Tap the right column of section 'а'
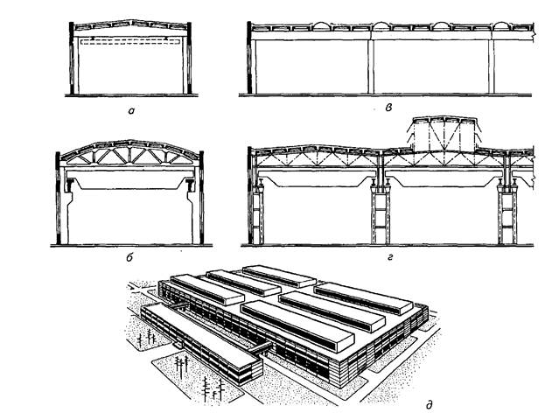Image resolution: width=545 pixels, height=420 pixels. point(185,61)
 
